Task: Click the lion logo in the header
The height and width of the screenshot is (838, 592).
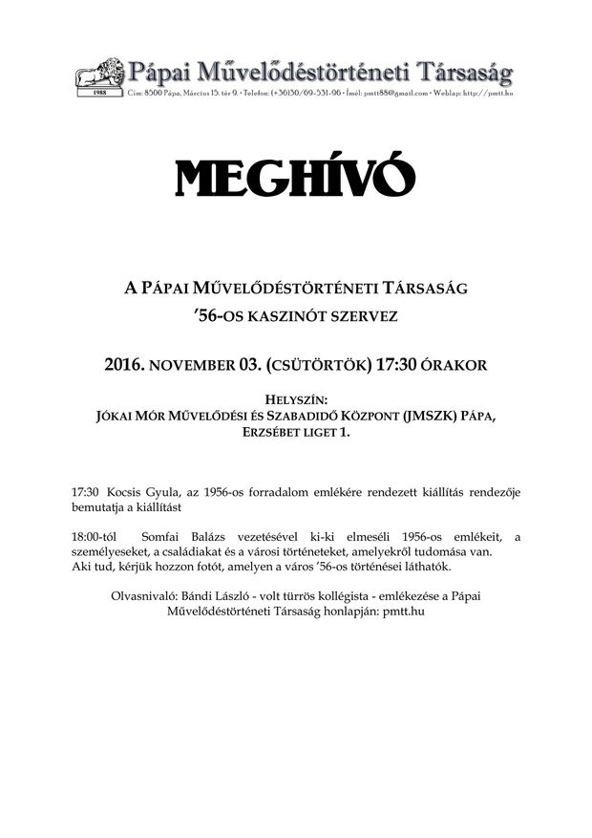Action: click(x=100, y=75)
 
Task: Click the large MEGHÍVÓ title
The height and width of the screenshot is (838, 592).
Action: click(x=295, y=178)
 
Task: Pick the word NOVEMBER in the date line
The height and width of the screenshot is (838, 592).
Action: click(x=202, y=364)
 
